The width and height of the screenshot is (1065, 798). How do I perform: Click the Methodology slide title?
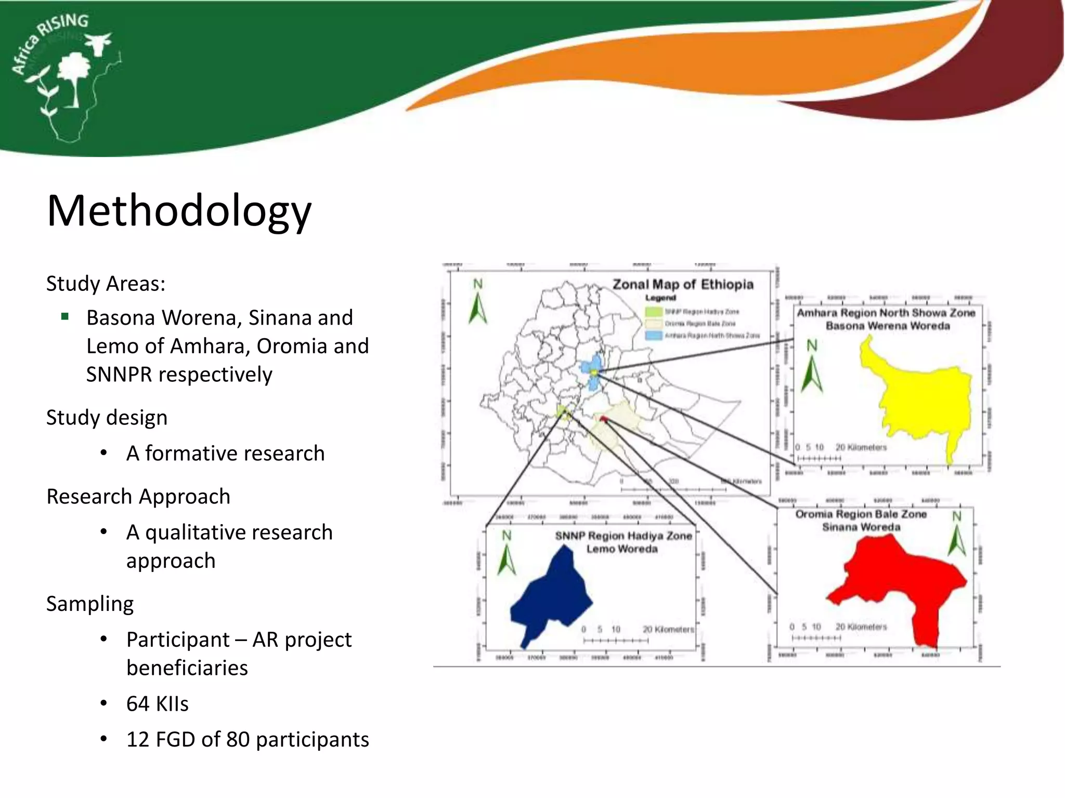179,210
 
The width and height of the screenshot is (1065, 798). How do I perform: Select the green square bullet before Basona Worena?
65,316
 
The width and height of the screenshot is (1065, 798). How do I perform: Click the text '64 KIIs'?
157,703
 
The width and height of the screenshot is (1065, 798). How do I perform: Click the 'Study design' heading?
107,417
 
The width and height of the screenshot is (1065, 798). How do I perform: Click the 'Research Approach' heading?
138,496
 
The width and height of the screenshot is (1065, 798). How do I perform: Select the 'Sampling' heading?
89,604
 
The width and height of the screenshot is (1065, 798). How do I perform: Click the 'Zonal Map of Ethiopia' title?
682,284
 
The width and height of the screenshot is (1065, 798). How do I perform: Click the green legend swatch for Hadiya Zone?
653,312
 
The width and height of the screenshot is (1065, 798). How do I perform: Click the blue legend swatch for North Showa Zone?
653,336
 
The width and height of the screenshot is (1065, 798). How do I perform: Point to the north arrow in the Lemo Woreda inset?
506,554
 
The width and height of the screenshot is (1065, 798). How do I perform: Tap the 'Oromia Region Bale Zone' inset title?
861,514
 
